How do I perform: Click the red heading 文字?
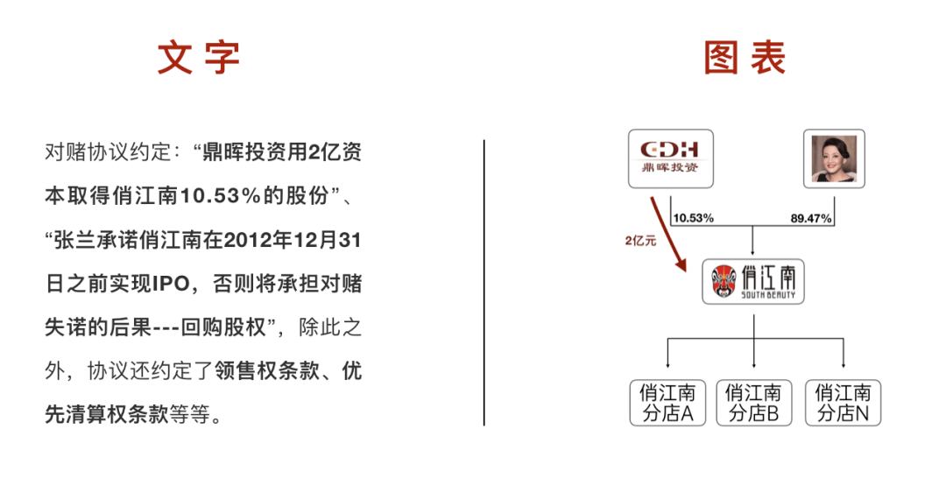pos(199,58)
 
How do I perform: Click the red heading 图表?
pos(745,58)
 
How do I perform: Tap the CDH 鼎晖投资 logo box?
pos(670,158)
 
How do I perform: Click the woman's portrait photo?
pos(834,158)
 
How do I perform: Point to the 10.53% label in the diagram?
pos(693,218)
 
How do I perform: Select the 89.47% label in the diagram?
pos(811,218)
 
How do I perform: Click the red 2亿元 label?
pos(640,241)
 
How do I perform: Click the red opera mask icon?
pos(724,282)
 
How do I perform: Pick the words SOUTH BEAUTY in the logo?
pos(768,295)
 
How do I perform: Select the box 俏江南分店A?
pos(667,403)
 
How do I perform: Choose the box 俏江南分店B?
pos(753,403)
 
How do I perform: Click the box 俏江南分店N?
pos(843,403)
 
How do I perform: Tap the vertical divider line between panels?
pos(484,282)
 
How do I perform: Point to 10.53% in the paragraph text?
pos(220,196)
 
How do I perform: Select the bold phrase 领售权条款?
pos(267,371)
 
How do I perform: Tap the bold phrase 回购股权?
pos(224,327)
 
